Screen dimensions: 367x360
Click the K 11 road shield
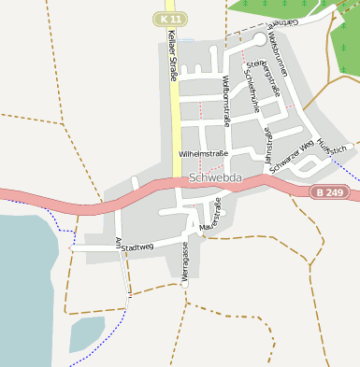168,18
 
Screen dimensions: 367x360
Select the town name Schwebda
215,176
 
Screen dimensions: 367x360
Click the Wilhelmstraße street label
203,151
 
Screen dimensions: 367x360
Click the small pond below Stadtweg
85,332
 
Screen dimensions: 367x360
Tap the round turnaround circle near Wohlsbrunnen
259,38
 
